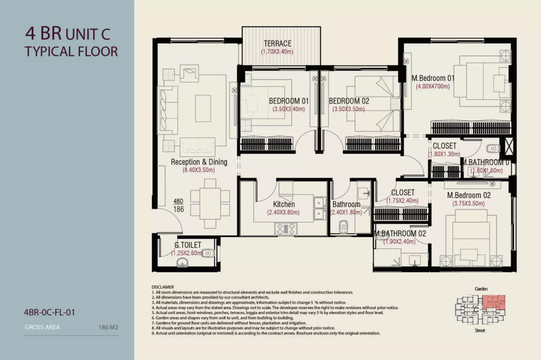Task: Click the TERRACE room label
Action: [x=278, y=43]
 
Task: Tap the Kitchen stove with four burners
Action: [x=286, y=229]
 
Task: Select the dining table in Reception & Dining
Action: [x=210, y=204]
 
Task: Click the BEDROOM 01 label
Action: [x=289, y=101]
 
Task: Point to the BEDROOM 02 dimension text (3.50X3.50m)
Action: [x=348, y=109]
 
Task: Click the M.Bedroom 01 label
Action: [x=433, y=78]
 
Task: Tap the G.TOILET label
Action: [x=188, y=245]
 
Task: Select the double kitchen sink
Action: [x=319, y=208]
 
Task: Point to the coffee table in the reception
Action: [x=203, y=108]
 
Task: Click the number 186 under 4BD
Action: [x=179, y=209]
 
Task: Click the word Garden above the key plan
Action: [x=481, y=289]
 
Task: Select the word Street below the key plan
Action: [x=480, y=331]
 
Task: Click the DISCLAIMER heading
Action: [x=163, y=287]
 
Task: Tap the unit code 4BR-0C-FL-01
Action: [x=50, y=313]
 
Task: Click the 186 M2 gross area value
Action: [x=108, y=328]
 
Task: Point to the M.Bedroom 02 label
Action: [x=469, y=195]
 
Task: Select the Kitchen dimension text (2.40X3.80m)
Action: [x=283, y=212]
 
